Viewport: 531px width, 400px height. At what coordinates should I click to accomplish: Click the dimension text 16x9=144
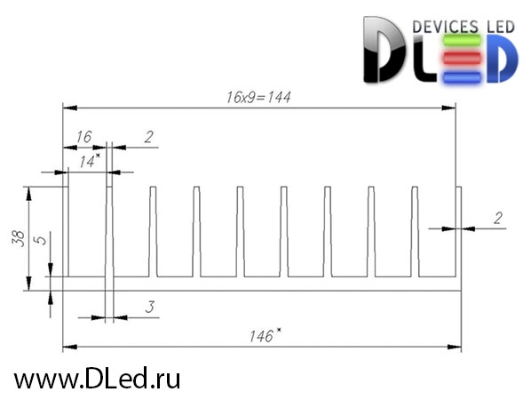pos(258,97)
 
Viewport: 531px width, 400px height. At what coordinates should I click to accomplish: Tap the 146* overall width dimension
pos(265,335)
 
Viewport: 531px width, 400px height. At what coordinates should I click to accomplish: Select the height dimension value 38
pos(19,238)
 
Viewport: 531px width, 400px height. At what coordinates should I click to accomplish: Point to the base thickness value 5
pos(41,240)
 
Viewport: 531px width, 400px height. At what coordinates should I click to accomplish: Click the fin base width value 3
pos(150,307)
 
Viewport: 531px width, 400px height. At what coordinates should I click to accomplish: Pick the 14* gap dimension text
pos(90,161)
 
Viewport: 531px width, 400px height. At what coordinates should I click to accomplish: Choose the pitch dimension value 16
pos(83,137)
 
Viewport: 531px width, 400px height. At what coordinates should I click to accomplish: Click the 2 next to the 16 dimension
pos(148,137)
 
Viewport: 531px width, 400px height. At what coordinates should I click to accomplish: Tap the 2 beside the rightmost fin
pos(498,219)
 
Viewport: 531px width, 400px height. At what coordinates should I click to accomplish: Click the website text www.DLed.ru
pos(97,379)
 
